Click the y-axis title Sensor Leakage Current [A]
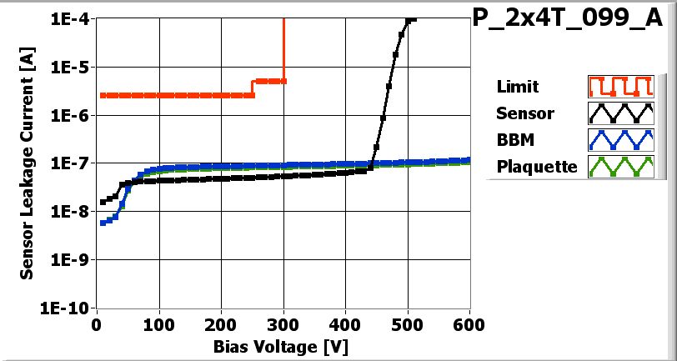point(28,163)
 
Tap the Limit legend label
point(517,87)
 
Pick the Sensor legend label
point(524,113)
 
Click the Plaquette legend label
point(537,167)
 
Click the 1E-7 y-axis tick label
point(70,163)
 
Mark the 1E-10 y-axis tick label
point(67,308)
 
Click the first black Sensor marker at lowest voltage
point(103,202)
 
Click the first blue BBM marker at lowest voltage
point(103,223)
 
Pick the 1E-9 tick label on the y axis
point(70,259)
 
